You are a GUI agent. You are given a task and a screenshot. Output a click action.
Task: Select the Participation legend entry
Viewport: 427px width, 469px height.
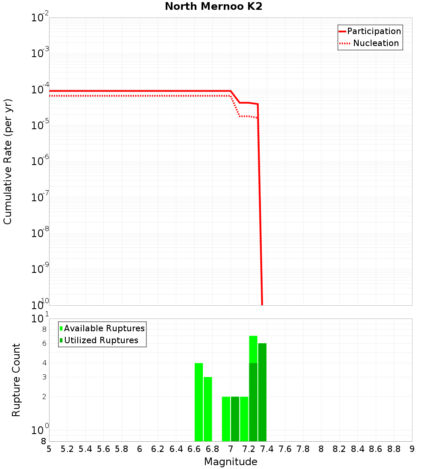pyautogui.click(x=374, y=32)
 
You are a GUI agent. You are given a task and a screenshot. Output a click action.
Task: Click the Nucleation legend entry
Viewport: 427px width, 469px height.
pyautogui.click(x=376, y=43)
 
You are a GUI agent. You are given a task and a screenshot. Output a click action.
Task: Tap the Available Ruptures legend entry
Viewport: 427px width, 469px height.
pyautogui.click(x=104, y=329)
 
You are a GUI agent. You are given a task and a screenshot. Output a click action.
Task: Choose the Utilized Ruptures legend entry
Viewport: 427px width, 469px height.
pyautogui.click(x=101, y=341)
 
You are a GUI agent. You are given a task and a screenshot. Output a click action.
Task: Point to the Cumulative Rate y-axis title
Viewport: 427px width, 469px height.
pyautogui.click(x=8, y=161)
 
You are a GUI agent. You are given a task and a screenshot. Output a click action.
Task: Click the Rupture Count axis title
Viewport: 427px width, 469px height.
pyautogui.click(x=16, y=380)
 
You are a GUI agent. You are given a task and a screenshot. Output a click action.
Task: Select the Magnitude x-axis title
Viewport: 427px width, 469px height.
pyautogui.click(x=231, y=462)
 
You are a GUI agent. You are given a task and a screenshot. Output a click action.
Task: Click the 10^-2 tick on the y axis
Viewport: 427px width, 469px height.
pyautogui.click(x=40, y=18)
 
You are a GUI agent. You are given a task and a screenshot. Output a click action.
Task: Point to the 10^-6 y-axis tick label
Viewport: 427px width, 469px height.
pyautogui.click(x=40, y=162)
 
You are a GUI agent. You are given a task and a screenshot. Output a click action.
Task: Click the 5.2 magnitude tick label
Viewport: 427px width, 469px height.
pyautogui.click(x=67, y=449)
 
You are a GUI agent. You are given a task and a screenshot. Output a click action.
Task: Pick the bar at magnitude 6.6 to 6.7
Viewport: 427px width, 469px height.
pyautogui.click(x=199, y=402)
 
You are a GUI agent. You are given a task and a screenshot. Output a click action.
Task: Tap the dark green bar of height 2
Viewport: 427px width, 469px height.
pyautogui.click(x=235, y=419)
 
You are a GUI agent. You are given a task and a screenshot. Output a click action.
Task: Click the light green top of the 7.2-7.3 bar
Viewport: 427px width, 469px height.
pyautogui.click(x=253, y=349)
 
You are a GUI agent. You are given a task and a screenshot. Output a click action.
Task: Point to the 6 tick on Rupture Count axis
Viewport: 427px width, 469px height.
pyautogui.click(x=44, y=344)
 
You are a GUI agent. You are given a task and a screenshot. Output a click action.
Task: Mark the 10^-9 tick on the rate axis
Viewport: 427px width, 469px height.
pyautogui.click(x=40, y=269)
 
